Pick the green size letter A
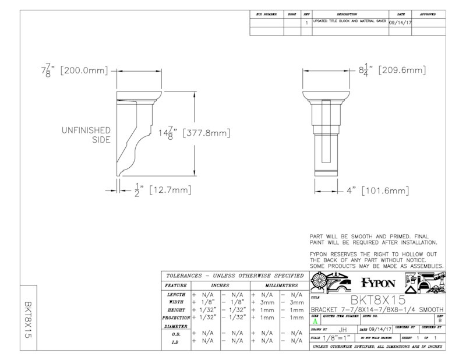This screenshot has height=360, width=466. click(315, 320)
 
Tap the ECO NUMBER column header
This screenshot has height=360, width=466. click(266, 13)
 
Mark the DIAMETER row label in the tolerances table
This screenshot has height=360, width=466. click(175, 327)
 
